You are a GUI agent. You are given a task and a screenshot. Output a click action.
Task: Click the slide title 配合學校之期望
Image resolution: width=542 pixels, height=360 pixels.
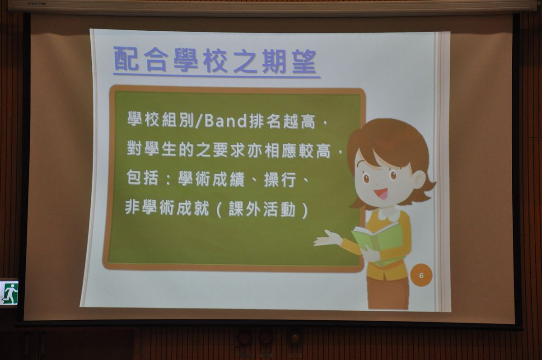[x=215, y=61]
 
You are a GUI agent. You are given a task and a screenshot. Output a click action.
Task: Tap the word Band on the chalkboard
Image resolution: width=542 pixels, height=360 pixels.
[x=225, y=121]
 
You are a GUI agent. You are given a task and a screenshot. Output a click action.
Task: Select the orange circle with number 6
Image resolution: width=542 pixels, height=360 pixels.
[x=421, y=276]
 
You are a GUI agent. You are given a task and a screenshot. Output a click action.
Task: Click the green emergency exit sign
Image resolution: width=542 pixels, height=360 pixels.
[x=9, y=293]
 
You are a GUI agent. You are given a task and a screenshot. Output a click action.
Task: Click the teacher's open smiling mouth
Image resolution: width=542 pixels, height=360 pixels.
[x=381, y=193]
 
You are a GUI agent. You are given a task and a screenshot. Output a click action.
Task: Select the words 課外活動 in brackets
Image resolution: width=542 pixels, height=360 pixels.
[x=262, y=209]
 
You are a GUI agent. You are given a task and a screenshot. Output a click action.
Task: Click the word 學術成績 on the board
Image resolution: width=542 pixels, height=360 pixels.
[x=211, y=179]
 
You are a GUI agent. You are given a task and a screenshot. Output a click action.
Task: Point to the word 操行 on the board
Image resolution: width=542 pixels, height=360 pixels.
[x=280, y=179]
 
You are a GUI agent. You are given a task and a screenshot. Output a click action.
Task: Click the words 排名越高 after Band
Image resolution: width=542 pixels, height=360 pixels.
[x=282, y=121]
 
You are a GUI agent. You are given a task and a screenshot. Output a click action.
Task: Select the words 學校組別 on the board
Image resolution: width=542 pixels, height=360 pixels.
[x=160, y=120]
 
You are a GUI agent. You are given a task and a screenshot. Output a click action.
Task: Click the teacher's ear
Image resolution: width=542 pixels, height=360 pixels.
[x=419, y=179]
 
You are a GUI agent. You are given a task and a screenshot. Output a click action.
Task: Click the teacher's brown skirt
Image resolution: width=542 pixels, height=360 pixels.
[x=388, y=292]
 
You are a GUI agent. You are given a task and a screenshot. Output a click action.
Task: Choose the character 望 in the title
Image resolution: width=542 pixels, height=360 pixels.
[x=304, y=61]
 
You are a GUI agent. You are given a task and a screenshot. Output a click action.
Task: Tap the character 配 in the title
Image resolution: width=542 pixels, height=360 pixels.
[x=126, y=59]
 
